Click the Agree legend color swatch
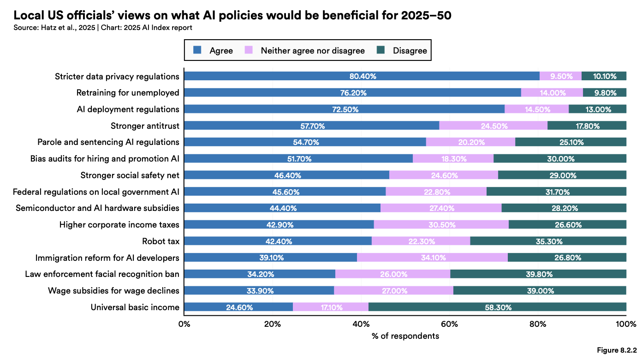tap(197, 50)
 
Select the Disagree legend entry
tap(410, 50)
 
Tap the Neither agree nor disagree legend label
tap(313, 50)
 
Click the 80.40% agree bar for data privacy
tap(362, 76)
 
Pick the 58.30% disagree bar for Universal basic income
tap(497, 307)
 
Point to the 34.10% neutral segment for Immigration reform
tap(432, 258)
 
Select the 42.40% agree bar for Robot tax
tap(278, 241)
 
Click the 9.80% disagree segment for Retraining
tap(605, 93)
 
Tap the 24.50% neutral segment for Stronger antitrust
tap(493, 126)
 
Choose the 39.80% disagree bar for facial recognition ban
tap(538, 274)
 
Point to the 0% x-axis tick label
tap(184, 324)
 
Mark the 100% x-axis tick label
tap(625, 324)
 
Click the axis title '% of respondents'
tap(405, 336)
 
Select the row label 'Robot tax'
tap(160, 241)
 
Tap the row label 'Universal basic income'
tap(135, 307)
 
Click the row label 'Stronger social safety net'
tap(130, 175)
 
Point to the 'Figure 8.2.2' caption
tap(617, 350)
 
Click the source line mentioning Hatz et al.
tap(102, 28)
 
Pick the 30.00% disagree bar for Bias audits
tap(560, 159)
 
